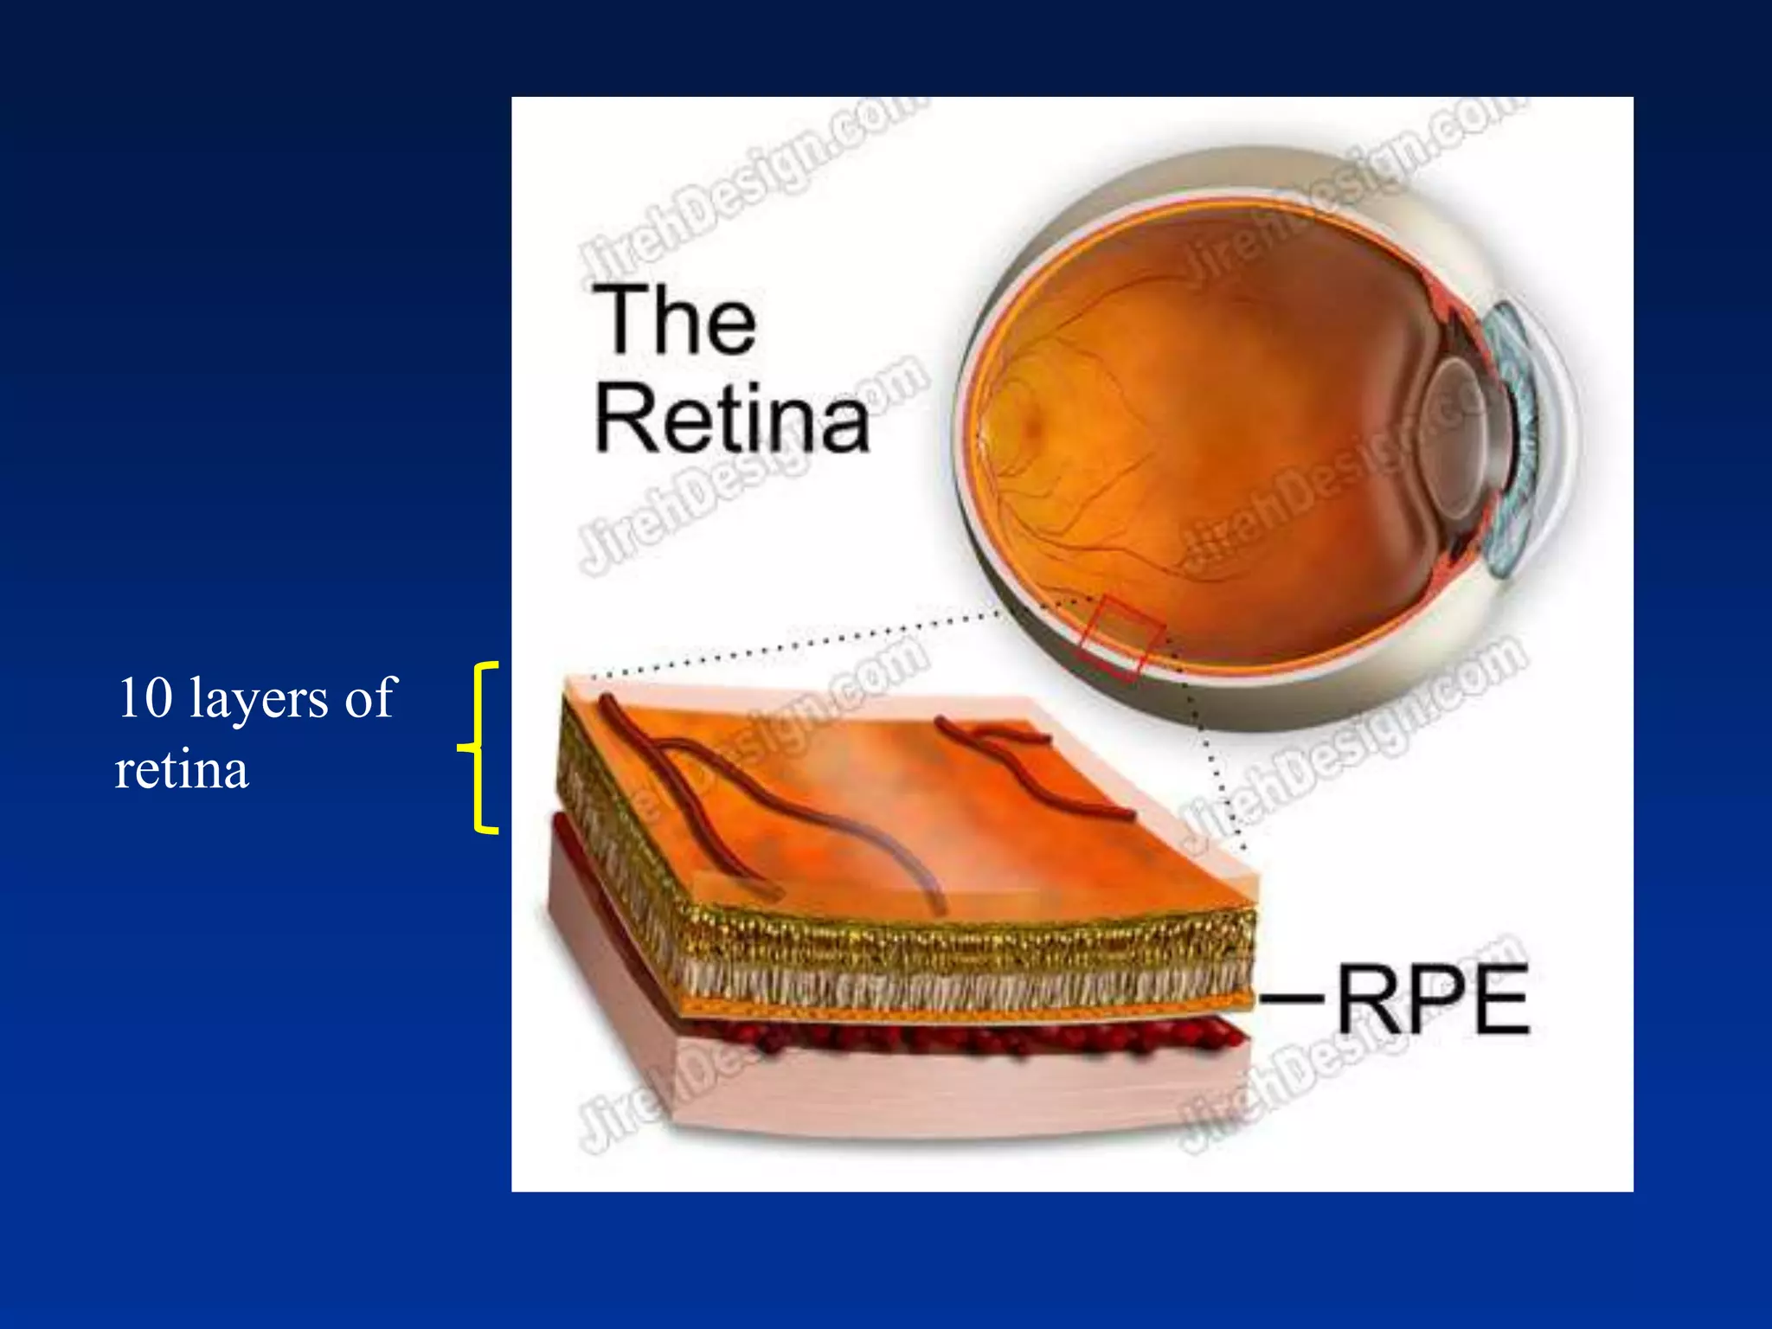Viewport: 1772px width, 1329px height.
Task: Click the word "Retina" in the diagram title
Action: (x=732, y=419)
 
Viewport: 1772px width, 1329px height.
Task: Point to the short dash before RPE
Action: (x=1291, y=999)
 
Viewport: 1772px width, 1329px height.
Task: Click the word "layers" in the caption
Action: (x=258, y=699)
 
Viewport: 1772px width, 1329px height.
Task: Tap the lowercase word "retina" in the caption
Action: (x=182, y=769)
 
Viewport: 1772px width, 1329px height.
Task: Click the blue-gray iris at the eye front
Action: (x=1514, y=441)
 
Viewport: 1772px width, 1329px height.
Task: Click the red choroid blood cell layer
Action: (x=952, y=1038)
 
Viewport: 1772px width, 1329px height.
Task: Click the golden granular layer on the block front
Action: (x=952, y=939)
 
